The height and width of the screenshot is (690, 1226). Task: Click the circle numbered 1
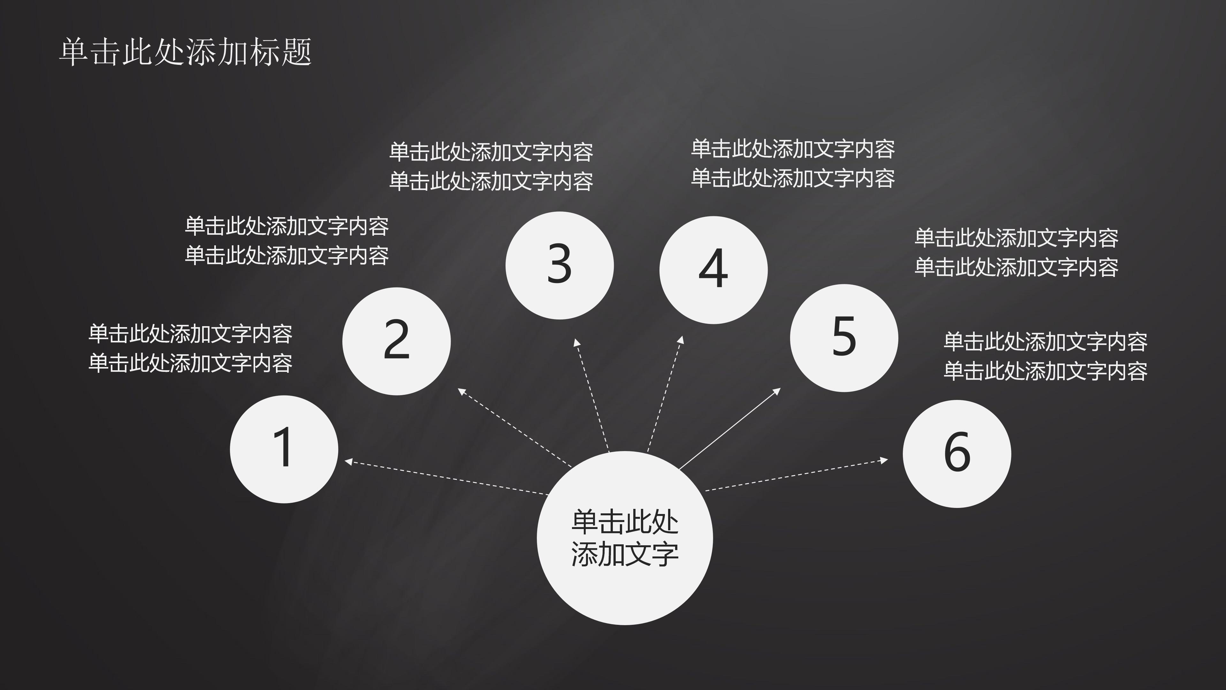[x=284, y=449]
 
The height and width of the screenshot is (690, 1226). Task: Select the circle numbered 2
[x=396, y=341]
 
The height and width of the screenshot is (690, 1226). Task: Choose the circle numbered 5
[x=844, y=338]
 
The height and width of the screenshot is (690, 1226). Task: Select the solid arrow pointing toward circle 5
[x=730, y=429]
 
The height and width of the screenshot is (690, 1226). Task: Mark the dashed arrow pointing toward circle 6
[x=796, y=475]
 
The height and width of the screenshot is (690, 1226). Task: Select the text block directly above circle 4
[x=793, y=163]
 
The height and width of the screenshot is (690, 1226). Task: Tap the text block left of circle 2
[x=286, y=241]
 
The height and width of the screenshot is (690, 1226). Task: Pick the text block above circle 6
[x=1045, y=356]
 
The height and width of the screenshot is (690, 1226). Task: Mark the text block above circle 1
[x=190, y=348]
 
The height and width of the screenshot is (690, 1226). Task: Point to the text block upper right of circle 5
[x=1016, y=252]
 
